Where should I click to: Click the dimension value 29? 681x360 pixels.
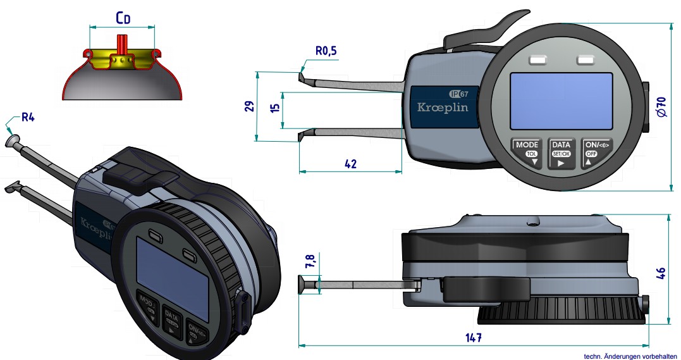point(250,106)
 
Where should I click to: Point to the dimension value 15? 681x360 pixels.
point(274,108)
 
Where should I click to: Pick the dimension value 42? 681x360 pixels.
point(350,163)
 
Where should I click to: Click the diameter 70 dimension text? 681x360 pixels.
point(661,106)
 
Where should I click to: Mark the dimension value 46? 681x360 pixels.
point(661,273)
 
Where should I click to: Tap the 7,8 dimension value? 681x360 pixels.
point(310,261)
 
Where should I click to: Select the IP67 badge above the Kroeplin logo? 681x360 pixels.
point(459,94)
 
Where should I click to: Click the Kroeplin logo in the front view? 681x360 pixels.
point(443,108)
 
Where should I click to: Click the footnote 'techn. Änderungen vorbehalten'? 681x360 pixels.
point(630,356)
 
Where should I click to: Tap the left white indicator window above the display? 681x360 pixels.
point(538,59)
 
